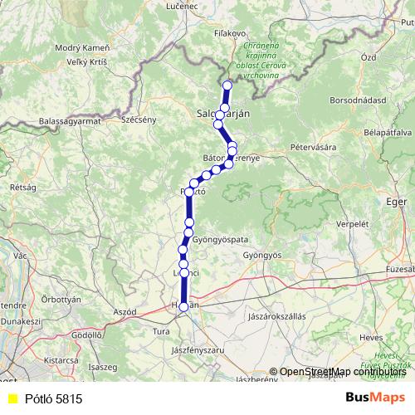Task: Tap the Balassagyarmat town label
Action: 69,121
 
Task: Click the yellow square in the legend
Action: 12,399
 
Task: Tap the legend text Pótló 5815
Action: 53,399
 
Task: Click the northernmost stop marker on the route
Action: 227,85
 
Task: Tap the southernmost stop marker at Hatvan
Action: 183,306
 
